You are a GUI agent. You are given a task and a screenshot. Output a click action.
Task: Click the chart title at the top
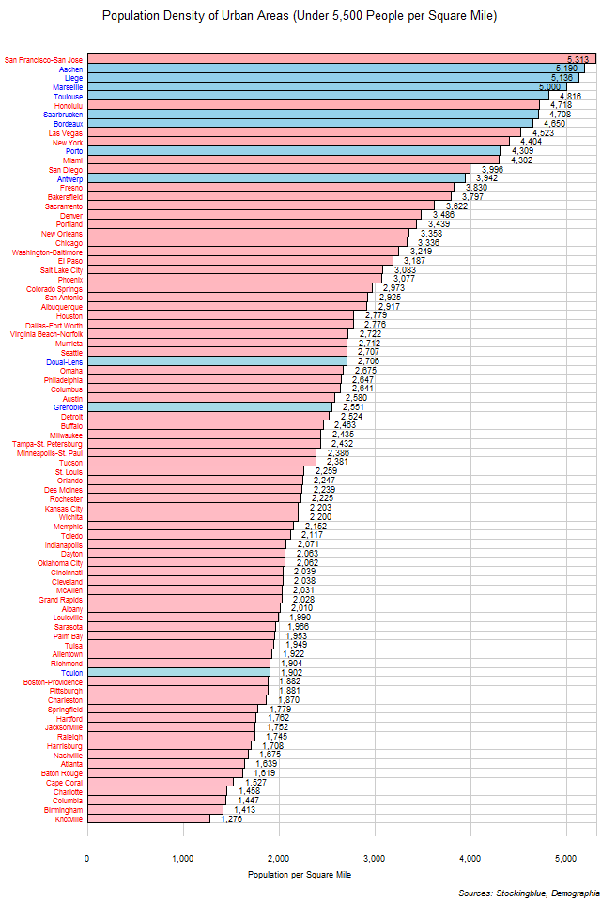point(300,16)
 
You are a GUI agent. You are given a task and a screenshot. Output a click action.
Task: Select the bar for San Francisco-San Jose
point(341,59)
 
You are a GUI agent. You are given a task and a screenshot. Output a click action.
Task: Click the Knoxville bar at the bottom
point(148,818)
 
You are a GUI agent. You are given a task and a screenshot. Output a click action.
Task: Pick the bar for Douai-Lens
point(217,360)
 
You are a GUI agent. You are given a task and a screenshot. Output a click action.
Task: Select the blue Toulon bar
point(178,672)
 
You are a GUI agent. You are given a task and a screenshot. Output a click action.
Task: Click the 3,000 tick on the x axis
point(375,857)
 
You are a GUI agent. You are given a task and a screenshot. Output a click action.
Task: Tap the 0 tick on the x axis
point(87,857)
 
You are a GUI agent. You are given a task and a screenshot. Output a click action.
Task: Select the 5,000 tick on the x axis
point(566,857)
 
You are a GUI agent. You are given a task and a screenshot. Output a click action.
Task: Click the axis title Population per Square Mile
point(299,875)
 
